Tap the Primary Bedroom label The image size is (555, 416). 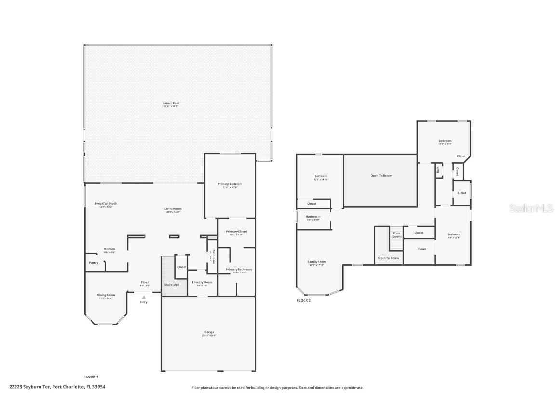pyautogui.click(x=229, y=184)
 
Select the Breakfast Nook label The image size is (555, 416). pyautogui.click(x=106, y=204)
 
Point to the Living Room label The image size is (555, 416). pyautogui.click(x=173, y=209)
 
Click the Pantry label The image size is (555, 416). pyautogui.click(x=93, y=262)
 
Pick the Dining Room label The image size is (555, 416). pyautogui.click(x=106, y=295)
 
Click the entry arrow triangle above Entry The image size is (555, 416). pyautogui.click(x=144, y=297)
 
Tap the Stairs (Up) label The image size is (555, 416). pyautogui.click(x=171, y=285)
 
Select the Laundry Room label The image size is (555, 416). pyautogui.click(x=202, y=282)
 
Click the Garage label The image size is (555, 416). pyautogui.click(x=209, y=332)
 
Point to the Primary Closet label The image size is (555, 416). pyautogui.click(x=236, y=232)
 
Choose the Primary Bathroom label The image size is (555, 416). pyautogui.click(x=238, y=270)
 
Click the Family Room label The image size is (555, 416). pyautogui.click(x=317, y=262)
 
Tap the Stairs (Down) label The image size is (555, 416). pyautogui.click(x=396, y=235)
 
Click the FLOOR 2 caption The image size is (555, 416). pyautogui.click(x=304, y=300)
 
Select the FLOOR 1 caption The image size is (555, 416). pyautogui.click(x=91, y=377)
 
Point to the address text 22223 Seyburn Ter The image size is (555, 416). pyautogui.click(x=29, y=386)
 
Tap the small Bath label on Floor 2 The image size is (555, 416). pyautogui.click(x=438, y=169)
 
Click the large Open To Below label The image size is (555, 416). pyautogui.click(x=381, y=176)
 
